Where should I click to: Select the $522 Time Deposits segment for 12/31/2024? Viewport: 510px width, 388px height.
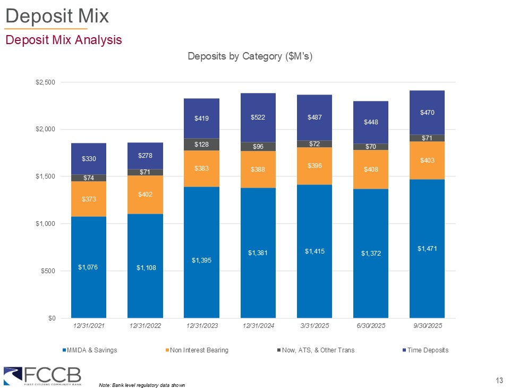tap(258, 118)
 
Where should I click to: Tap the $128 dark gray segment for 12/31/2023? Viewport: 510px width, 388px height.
tap(201, 145)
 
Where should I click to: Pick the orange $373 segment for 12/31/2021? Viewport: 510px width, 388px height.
tap(88, 199)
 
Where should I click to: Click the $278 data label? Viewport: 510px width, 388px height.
tap(145, 155)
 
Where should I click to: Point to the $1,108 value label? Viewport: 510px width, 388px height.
tap(145, 267)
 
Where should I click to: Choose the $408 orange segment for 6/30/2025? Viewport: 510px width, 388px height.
tap(370, 170)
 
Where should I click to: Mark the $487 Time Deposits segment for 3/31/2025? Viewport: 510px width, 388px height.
tap(314, 117)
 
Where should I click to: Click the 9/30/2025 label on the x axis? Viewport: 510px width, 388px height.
tap(427, 325)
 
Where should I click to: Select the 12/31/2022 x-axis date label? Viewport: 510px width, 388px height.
tap(145, 325)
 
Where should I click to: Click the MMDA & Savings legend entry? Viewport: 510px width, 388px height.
tap(90, 350)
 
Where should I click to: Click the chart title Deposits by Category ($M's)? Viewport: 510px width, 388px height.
tap(250, 57)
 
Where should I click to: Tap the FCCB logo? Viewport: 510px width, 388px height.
tap(42, 375)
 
